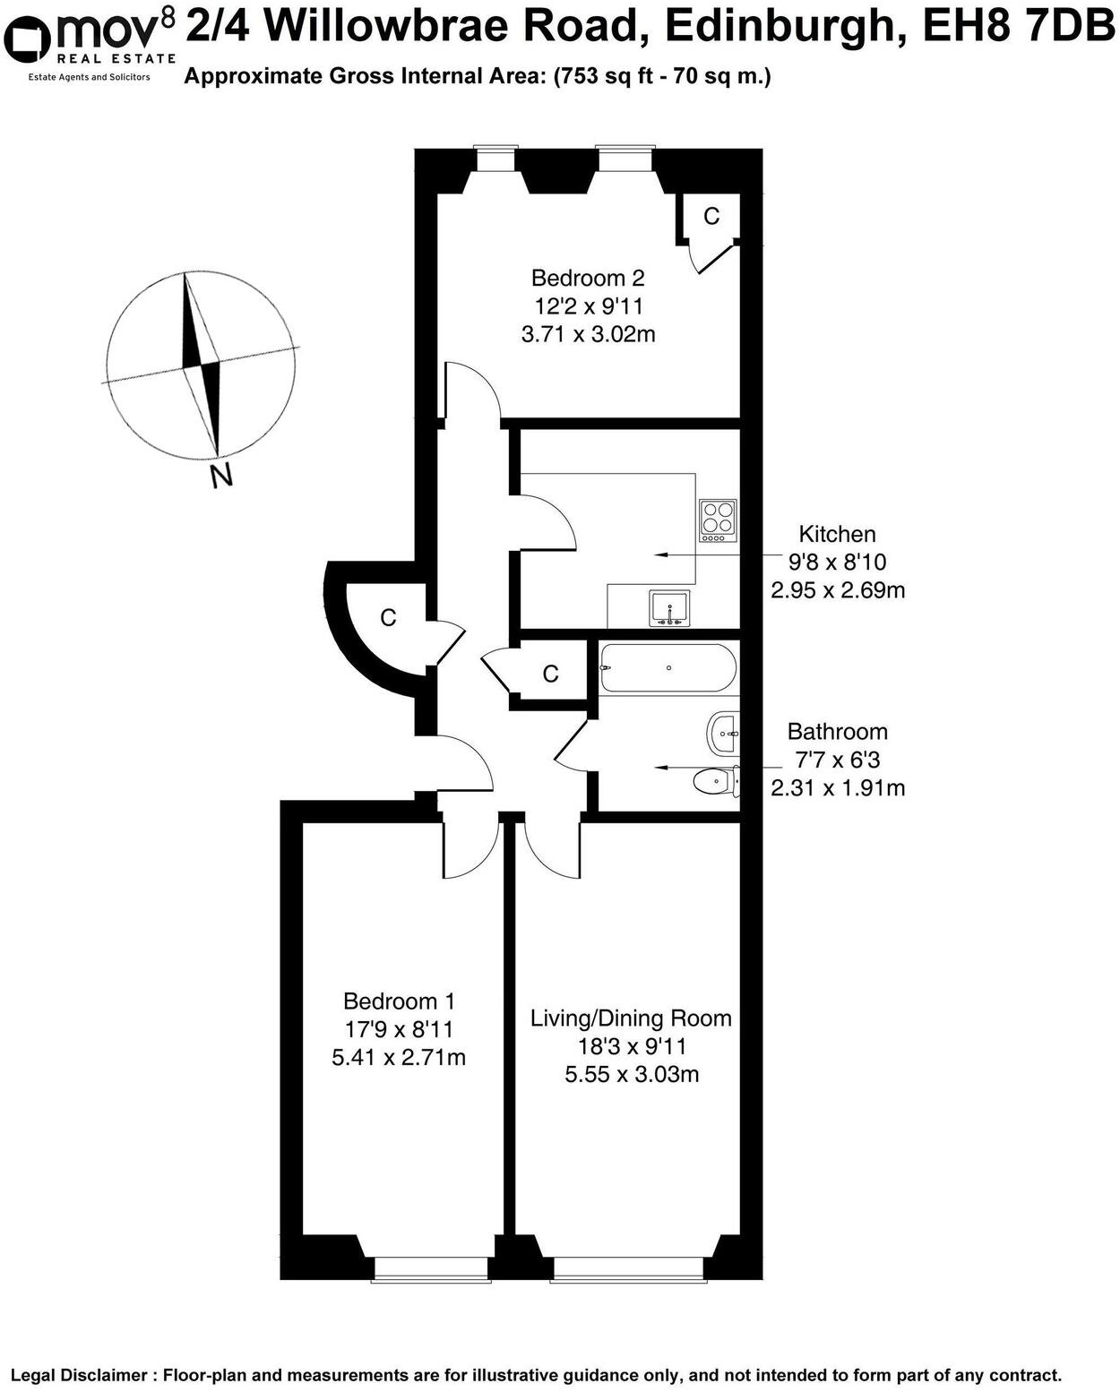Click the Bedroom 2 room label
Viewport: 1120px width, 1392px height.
pyautogui.click(x=587, y=278)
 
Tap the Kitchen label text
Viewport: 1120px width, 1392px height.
pyautogui.click(x=837, y=535)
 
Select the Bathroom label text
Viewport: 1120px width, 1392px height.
pyautogui.click(x=837, y=732)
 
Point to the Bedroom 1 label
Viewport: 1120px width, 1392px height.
pyautogui.click(x=399, y=1001)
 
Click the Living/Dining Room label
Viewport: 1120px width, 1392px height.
pyautogui.click(x=631, y=1018)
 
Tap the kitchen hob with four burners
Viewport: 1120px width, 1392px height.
pyautogui.click(x=717, y=520)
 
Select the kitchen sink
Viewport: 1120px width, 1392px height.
pyautogui.click(x=669, y=608)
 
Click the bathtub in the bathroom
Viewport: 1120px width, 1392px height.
pyautogui.click(x=668, y=668)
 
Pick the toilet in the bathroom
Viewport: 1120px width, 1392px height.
pyautogui.click(x=717, y=782)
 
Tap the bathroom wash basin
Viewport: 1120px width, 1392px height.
pyautogui.click(x=723, y=734)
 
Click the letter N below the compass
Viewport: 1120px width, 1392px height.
pyautogui.click(x=220, y=476)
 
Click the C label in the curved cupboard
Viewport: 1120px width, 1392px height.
pyautogui.click(x=388, y=617)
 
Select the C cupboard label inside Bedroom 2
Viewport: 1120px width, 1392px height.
pyautogui.click(x=711, y=216)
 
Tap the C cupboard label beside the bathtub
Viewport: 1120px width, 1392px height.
pyautogui.click(x=550, y=674)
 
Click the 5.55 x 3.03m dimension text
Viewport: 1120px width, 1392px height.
pyautogui.click(x=631, y=1074)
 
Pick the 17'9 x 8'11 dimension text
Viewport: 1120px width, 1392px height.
pyautogui.click(x=399, y=1029)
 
